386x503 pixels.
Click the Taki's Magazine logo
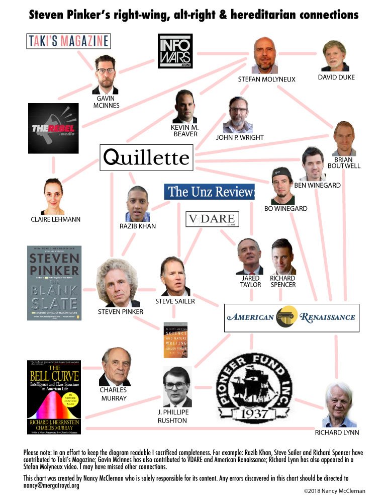68,41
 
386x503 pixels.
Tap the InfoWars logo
175,51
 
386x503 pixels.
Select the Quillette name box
146,158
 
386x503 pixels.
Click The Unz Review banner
209,192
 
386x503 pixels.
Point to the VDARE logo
213,220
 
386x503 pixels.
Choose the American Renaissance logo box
291,317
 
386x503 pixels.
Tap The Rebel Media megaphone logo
53,128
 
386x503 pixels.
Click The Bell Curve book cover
54,396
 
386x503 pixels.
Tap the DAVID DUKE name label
336,77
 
